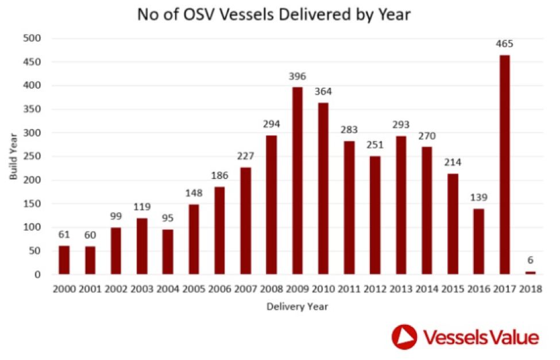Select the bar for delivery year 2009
297,180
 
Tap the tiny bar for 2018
530,273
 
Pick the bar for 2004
168,251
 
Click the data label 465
504,44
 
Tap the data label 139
478,198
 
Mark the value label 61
64,234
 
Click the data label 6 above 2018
530,260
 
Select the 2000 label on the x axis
64,288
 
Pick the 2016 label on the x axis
478,288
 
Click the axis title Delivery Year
297,307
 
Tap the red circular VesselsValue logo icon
404,336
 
